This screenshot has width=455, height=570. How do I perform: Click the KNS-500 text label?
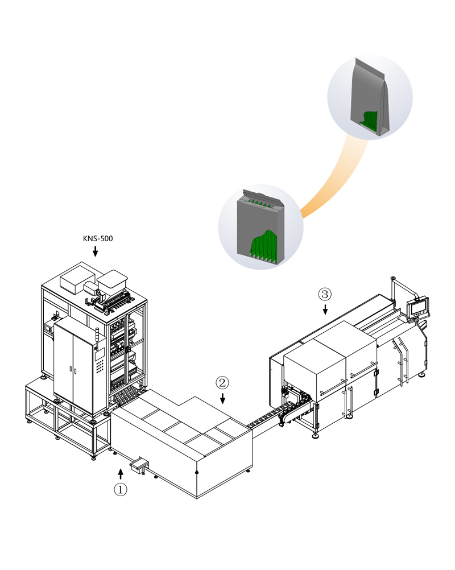98,238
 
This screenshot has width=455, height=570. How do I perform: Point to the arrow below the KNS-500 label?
96,251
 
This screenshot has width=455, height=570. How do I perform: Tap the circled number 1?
121,489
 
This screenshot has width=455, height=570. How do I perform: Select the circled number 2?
222,382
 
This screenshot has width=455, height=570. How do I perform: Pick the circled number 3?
325,294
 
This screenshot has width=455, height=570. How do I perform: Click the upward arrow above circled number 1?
120,473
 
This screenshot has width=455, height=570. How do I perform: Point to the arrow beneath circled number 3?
325,309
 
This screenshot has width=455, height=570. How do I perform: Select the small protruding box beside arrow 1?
139,465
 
